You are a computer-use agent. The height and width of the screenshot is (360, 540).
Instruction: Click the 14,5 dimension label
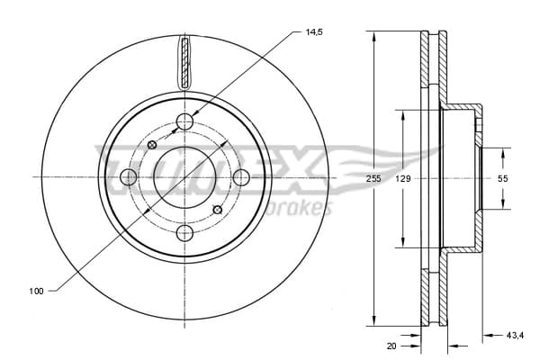[314, 32]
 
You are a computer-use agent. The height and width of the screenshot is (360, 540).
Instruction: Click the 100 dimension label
[36, 291]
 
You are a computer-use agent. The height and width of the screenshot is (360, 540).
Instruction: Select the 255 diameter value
[373, 178]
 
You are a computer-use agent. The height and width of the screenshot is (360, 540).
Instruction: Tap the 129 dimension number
[403, 178]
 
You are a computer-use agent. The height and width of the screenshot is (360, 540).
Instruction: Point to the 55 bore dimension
[503, 178]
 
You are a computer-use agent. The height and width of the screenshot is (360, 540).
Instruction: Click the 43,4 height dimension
[515, 335]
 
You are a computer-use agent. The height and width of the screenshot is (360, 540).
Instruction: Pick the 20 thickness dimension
[391, 346]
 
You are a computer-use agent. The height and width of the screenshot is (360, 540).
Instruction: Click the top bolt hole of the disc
[184, 121]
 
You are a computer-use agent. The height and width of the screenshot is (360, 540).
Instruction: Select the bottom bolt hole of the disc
[184, 233]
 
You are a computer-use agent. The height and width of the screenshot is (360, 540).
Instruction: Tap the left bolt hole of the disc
[129, 177]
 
